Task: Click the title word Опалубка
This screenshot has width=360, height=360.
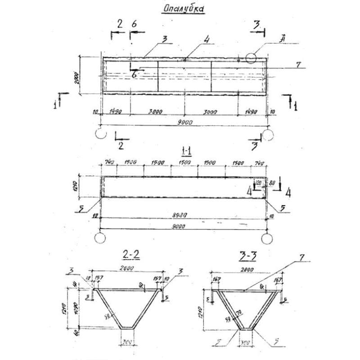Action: tap(183, 9)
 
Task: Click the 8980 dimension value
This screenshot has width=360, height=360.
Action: tap(183, 216)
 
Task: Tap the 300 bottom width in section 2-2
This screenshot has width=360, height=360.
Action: tap(130, 342)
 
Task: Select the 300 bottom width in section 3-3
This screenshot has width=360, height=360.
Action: tap(246, 343)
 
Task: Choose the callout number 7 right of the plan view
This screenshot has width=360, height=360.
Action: tap(298, 64)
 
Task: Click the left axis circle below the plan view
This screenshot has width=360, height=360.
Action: tap(101, 134)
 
